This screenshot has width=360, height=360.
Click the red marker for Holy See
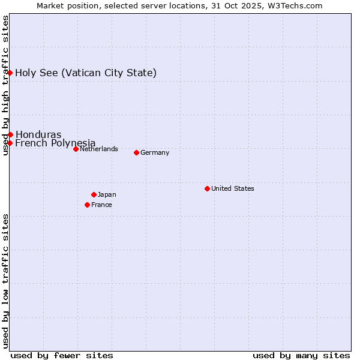click(10, 73)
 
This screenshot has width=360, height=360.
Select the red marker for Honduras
click(10, 134)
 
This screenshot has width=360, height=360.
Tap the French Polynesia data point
click(10, 143)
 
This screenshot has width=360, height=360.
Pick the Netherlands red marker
click(76, 149)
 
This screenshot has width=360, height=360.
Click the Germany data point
click(136, 152)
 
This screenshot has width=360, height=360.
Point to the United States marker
click(207, 188)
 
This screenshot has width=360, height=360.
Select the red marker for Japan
click(94, 194)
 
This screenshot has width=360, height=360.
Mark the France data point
click(87, 205)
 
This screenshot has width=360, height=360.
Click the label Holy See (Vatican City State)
click(86, 73)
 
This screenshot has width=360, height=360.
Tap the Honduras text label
click(38, 134)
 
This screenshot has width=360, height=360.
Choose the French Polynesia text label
click(55, 143)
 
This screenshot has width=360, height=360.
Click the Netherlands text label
click(99, 149)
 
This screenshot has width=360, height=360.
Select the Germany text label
click(155, 152)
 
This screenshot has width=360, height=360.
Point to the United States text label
click(233, 188)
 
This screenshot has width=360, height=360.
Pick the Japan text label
click(107, 194)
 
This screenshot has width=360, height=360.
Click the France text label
click(101, 205)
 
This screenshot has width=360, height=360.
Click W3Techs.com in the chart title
click(296, 5)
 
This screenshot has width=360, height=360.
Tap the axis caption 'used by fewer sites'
click(62, 355)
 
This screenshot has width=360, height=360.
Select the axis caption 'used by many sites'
click(301, 355)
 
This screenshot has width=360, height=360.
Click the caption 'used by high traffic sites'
click(5, 85)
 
